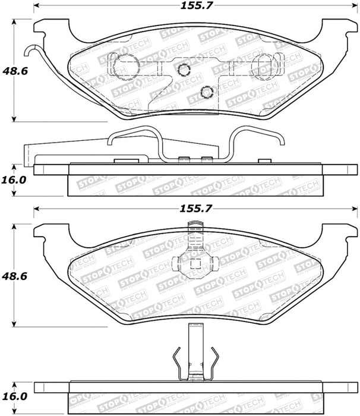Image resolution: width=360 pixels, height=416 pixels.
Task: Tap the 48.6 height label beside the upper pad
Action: pos(14,70)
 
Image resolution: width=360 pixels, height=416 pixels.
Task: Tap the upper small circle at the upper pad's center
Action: pos(184,71)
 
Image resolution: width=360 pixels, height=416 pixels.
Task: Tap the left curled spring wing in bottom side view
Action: pos(178,362)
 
